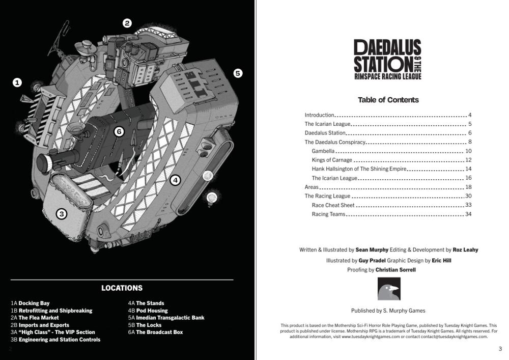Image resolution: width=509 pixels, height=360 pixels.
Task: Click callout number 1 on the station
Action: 17,82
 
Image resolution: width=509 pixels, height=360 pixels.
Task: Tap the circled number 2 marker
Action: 127,23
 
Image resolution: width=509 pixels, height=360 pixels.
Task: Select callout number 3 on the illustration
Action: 61,214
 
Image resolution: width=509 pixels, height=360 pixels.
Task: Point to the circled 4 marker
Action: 175,180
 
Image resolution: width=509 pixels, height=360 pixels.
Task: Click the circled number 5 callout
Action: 238,73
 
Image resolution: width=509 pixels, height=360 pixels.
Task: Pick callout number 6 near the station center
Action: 119,132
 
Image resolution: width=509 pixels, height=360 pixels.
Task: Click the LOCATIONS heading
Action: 122,288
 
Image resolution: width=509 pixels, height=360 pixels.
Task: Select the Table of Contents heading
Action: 388,100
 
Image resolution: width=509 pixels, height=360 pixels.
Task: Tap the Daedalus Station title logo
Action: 388,60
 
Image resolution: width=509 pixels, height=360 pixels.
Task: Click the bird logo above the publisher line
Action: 388,289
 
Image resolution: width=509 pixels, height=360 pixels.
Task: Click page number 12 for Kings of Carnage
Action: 468,160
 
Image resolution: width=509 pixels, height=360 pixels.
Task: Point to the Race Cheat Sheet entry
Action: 333,205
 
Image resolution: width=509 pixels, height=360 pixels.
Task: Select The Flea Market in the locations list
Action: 39,318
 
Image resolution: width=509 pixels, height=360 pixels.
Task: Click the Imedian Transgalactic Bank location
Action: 170,318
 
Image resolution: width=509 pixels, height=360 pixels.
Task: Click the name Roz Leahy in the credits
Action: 465,250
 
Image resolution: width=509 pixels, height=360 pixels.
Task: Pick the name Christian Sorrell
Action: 395,270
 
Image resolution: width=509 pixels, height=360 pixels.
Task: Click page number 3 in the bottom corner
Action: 500,349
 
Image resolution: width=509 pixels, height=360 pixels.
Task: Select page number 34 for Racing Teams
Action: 468,214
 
